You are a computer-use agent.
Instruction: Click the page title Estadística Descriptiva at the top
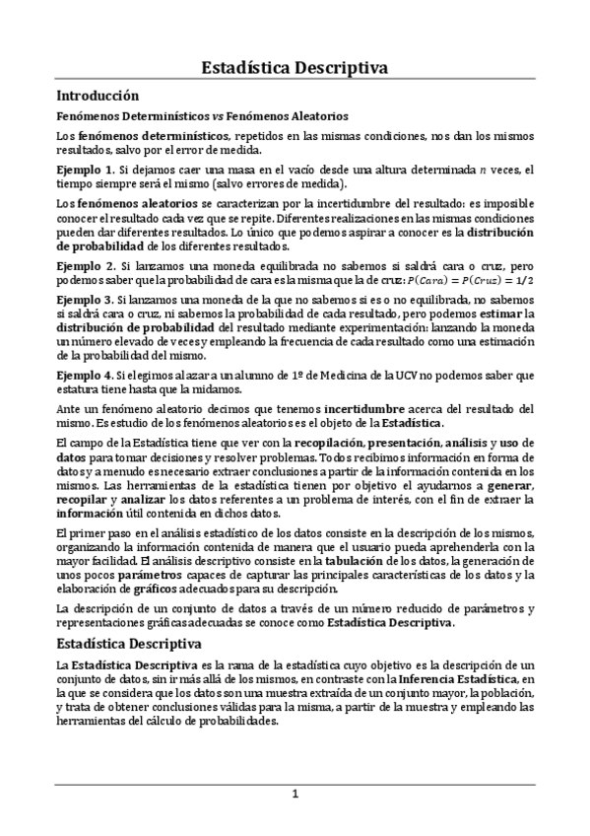click(x=294, y=67)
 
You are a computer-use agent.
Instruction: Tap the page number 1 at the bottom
click(x=294, y=795)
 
